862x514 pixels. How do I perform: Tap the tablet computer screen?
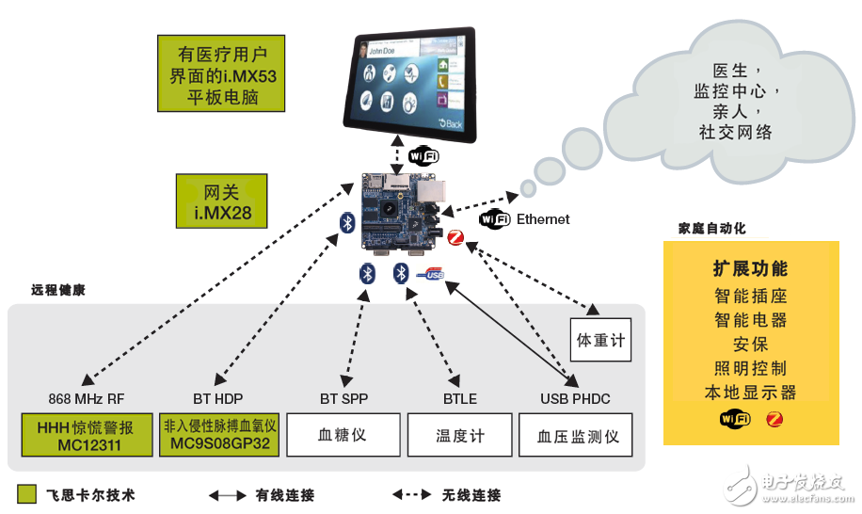pyautogui.click(x=407, y=84)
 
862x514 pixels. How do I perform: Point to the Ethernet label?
pyautogui.click(x=543, y=219)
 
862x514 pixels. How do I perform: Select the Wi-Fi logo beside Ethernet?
pyautogui.click(x=494, y=219)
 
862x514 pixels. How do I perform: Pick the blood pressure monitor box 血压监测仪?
pyautogui.click(x=575, y=436)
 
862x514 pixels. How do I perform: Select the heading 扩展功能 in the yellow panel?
pyautogui.click(x=750, y=269)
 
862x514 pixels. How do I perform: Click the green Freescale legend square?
pyautogui.click(x=26, y=494)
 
